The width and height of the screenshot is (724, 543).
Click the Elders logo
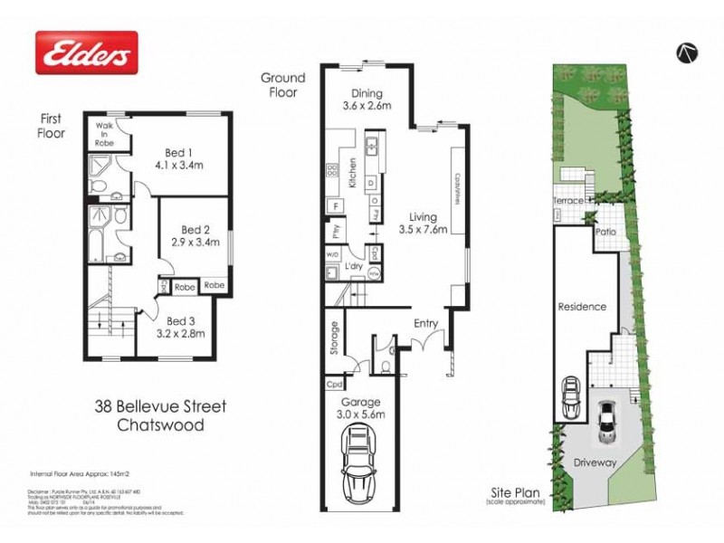click(x=86, y=52)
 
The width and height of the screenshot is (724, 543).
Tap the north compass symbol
click(x=687, y=52)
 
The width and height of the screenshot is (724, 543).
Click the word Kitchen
click(x=352, y=173)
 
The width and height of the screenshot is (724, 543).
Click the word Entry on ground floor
click(x=426, y=323)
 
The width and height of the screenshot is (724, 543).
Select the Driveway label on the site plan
click(x=595, y=462)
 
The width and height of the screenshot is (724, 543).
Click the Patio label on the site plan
click(x=605, y=232)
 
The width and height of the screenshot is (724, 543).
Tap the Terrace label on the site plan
click(x=568, y=201)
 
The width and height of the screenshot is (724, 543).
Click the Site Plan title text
click(x=516, y=492)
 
